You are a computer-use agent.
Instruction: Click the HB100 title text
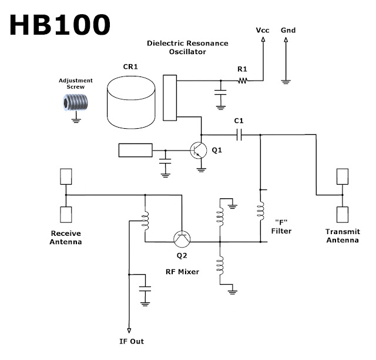tap(60, 25)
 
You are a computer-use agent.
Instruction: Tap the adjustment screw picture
tap(76, 103)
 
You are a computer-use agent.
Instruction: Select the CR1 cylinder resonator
tap(131, 102)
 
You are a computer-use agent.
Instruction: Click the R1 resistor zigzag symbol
tap(243, 81)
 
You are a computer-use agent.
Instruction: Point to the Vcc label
tap(263, 30)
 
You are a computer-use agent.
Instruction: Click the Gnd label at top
tap(288, 30)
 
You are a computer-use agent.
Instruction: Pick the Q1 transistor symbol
tap(199, 151)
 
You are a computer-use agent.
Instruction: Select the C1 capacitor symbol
tap(239, 135)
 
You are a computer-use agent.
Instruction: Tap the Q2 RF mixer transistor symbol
tap(182, 239)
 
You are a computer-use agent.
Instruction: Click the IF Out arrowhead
tap(129, 331)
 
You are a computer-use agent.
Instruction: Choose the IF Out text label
tap(132, 341)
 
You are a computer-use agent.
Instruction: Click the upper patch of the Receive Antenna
tap(66, 176)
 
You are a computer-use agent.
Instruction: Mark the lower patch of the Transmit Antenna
tap(343, 215)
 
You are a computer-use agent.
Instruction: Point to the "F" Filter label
tap(281, 226)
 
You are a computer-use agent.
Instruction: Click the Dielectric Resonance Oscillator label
tap(187, 47)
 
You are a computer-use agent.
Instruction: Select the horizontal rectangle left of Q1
tap(136, 151)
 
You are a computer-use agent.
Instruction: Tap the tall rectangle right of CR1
tap(170, 98)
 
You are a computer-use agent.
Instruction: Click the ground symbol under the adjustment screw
tap(76, 121)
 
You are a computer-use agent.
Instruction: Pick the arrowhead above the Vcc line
tap(263, 39)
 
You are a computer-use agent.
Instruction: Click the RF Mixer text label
tap(182, 272)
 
